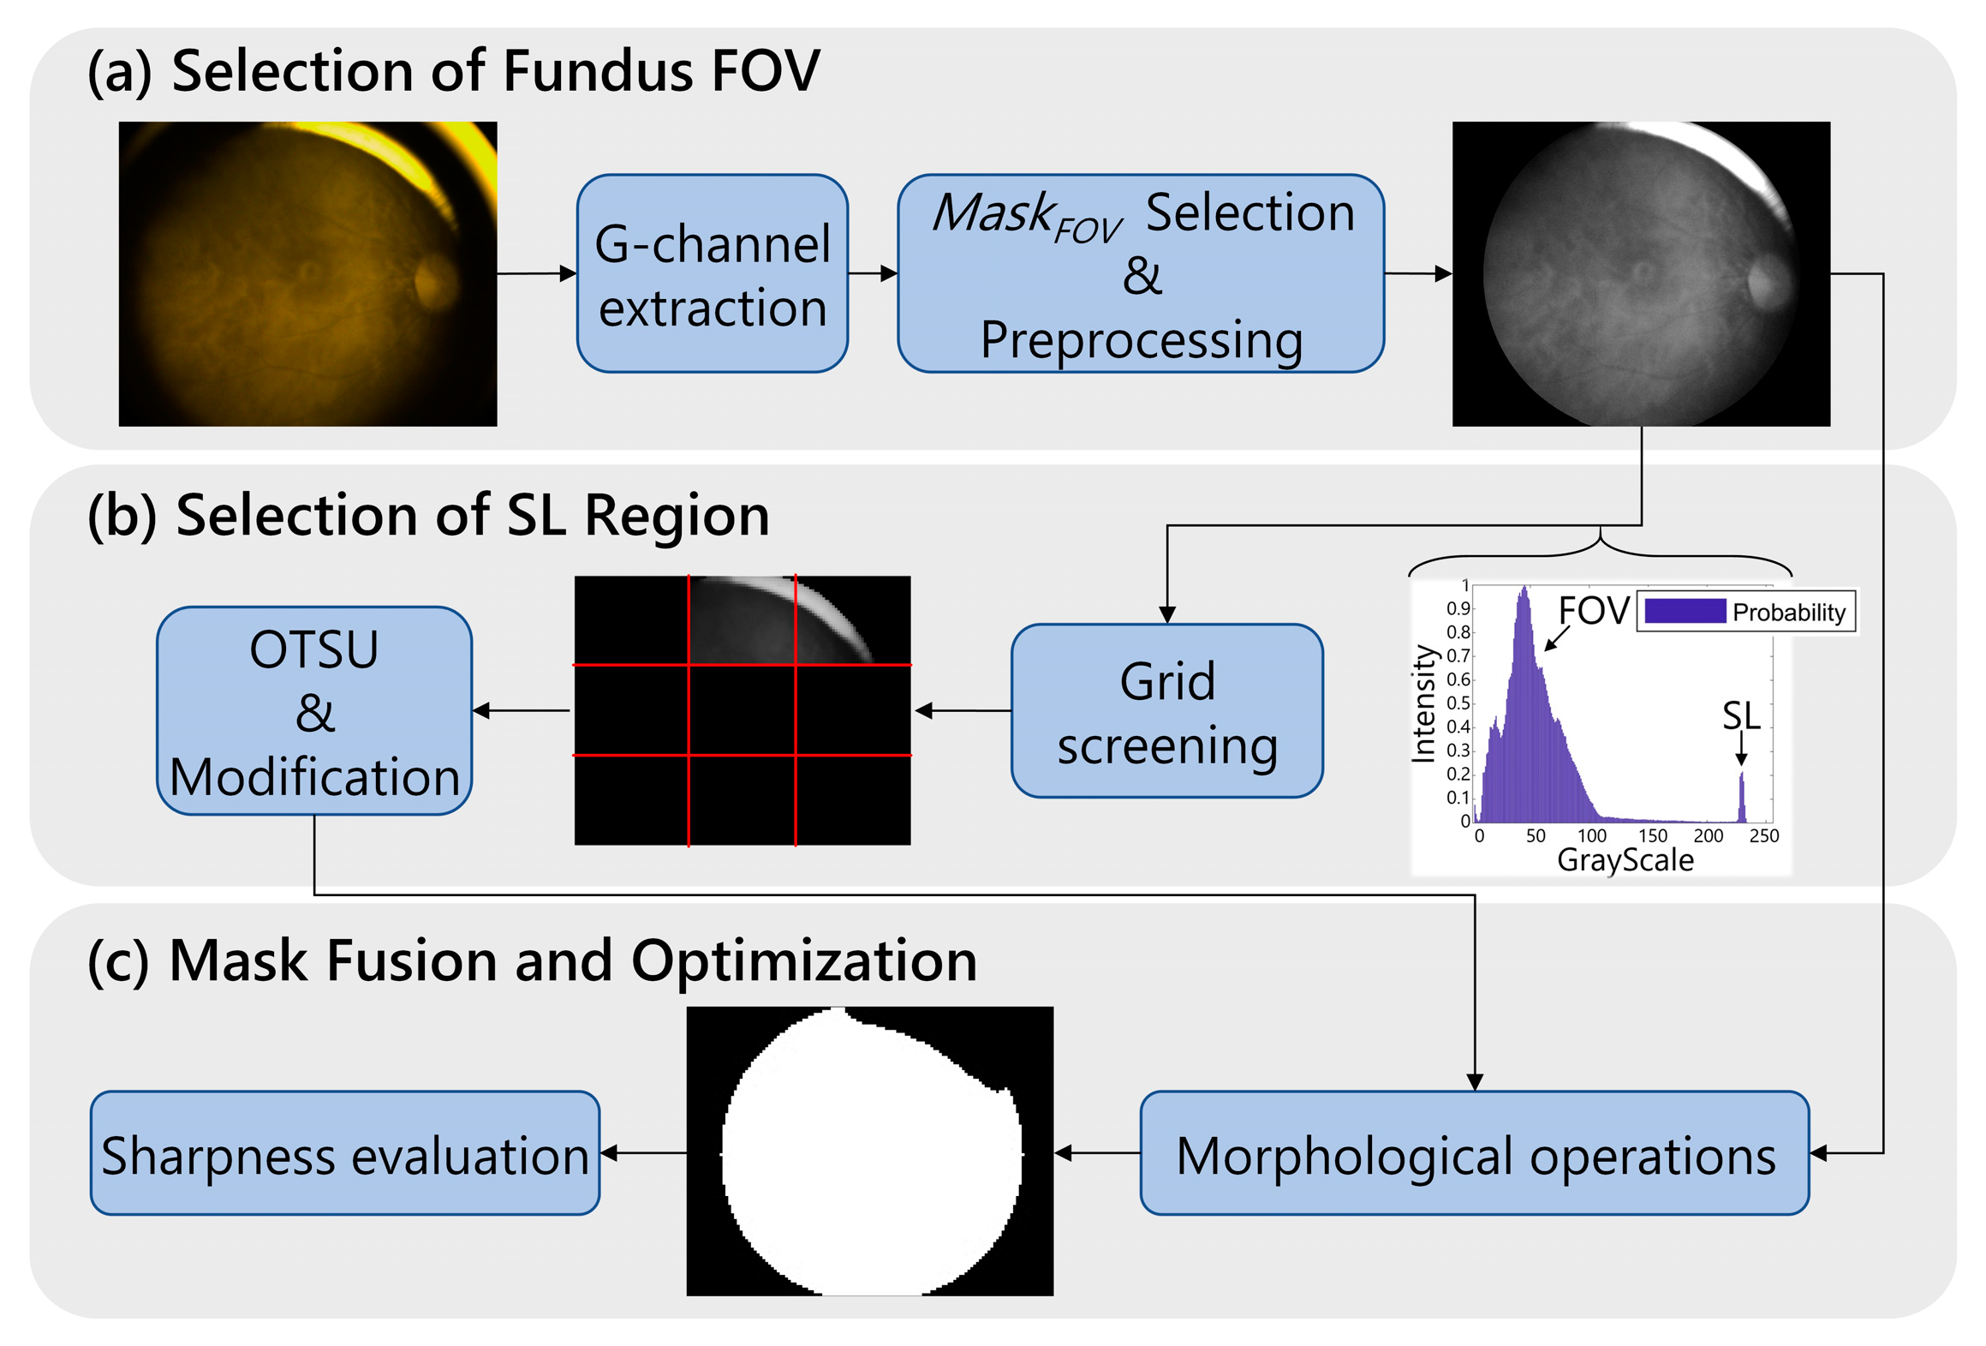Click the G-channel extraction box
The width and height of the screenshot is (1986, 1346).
712,273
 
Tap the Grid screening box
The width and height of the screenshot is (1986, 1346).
1166,711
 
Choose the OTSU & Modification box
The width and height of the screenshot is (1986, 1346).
314,711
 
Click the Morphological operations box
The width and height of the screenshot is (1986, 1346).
1474,1153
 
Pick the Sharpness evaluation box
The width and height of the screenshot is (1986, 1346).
344,1153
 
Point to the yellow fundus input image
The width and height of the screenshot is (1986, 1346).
307,273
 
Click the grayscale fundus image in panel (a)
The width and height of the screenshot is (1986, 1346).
1641,273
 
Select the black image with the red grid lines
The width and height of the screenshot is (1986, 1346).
742,710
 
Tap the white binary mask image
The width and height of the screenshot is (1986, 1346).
869,1150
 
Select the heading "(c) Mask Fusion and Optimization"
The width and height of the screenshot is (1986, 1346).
531,960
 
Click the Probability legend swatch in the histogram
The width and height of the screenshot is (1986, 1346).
1684,612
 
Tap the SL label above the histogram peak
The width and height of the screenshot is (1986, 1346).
1740,716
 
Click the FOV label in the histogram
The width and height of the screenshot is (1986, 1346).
1593,611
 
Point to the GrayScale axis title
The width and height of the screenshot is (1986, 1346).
1625,860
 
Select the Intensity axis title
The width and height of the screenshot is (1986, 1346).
1422,703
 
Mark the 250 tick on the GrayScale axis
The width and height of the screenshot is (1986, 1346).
1763,835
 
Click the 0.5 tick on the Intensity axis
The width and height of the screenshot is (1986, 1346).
1458,703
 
